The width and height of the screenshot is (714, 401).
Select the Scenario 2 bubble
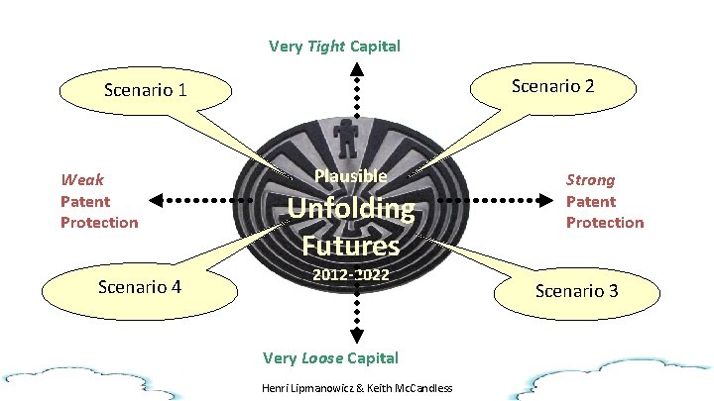(552, 86)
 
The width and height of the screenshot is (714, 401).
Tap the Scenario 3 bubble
(576, 290)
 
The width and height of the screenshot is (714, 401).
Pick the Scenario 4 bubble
(140, 287)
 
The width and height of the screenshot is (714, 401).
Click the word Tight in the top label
(326, 46)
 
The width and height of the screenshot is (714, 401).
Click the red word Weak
(82, 180)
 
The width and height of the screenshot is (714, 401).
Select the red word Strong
(590, 180)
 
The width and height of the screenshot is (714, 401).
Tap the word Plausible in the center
(350, 176)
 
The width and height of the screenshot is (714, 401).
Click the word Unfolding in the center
(350, 209)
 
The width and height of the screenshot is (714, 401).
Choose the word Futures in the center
(350, 244)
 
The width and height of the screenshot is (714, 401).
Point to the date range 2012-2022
(350, 272)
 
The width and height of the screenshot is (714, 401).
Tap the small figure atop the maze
(346, 136)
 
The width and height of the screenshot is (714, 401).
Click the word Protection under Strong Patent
(604, 222)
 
